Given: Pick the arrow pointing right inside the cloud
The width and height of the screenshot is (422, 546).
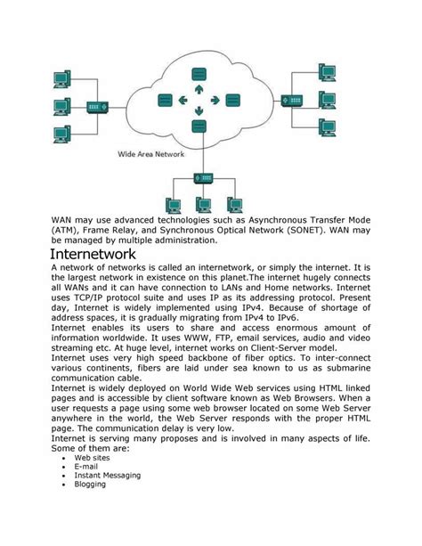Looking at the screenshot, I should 214,101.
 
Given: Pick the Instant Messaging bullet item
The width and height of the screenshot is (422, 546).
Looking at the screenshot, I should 109,476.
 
